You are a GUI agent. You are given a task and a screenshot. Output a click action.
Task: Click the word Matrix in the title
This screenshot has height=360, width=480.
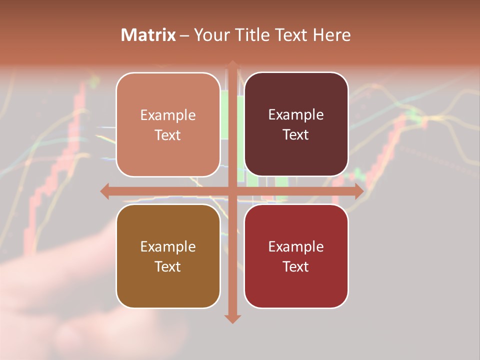click(x=148, y=35)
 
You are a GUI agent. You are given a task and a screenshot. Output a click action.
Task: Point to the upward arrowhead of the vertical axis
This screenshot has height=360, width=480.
click(x=232, y=64)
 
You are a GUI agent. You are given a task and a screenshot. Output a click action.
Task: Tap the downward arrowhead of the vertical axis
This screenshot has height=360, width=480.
click(x=232, y=318)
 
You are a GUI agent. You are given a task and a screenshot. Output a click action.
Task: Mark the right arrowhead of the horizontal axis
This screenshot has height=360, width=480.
click(x=359, y=191)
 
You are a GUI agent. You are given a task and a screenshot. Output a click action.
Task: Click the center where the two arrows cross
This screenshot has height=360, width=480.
click(x=232, y=191)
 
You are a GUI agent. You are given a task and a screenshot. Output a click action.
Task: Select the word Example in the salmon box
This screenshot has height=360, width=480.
click(x=168, y=115)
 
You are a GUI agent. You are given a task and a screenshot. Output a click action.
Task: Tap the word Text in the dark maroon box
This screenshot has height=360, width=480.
click(x=296, y=135)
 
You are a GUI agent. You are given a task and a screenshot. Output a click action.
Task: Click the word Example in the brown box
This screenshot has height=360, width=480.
click(x=168, y=247)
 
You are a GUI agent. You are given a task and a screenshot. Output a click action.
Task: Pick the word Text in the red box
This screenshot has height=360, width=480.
click(x=296, y=266)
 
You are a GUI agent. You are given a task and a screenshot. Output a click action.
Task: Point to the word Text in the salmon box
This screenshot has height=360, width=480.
click(x=168, y=135)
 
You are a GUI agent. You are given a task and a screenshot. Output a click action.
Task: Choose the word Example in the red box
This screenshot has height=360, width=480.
click(x=296, y=247)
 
